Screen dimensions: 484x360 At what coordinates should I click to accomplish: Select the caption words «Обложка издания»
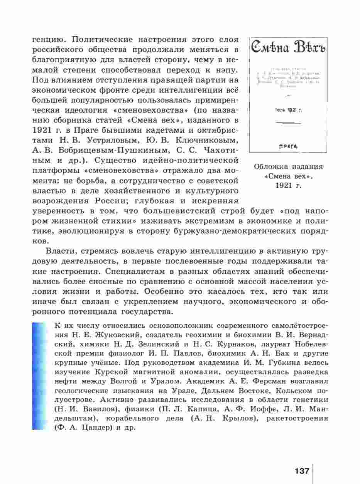click(x=288, y=167)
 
